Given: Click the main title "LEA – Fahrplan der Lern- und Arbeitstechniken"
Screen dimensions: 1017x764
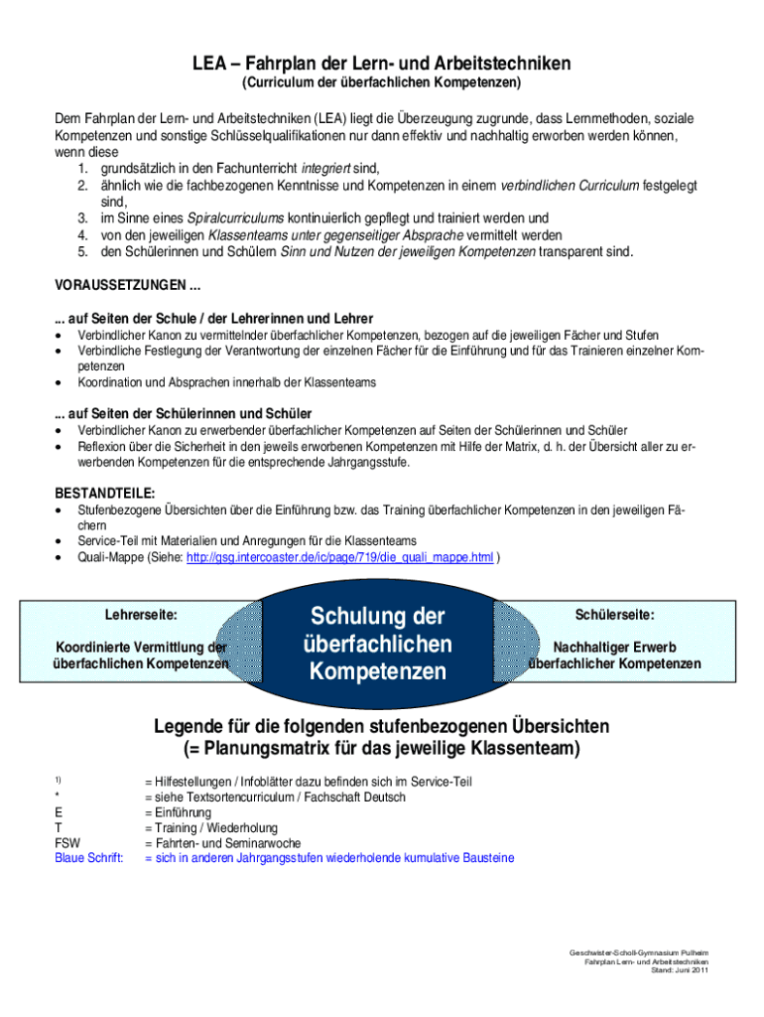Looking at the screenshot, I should [x=382, y=64].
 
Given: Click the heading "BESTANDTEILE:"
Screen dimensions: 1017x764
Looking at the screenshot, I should [x=104, y=493].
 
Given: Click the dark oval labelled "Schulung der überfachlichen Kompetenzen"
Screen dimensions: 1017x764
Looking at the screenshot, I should [x=381, y=644].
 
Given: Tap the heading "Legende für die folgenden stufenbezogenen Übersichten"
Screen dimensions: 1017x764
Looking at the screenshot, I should [x=382, y=726].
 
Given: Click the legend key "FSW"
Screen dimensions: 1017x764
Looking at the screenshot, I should [x=67, y=842].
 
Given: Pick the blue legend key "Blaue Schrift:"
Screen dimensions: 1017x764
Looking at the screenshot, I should [x=90, y=857].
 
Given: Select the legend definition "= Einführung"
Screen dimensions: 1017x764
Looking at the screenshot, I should [x=178, y=812].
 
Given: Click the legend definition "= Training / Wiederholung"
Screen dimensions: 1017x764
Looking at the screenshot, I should [x=211, y=827].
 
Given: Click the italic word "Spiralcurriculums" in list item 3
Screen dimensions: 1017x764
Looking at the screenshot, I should [x=236, y=218].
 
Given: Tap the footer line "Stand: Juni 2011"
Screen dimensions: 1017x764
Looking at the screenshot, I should [x=679, y=970].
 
